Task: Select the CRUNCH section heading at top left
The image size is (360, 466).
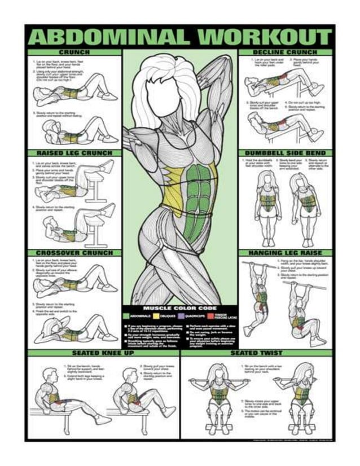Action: tap(74, 52)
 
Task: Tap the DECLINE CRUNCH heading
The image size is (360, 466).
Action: tap(285, 52)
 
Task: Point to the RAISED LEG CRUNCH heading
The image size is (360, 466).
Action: tap(74, 153)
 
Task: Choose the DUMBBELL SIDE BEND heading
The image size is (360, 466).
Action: tap(285, 153)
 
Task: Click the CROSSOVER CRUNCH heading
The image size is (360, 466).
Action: tap(74, 253)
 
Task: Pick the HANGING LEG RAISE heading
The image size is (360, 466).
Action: tap(285, 253)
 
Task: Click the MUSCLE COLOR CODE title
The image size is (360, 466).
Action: tap(180, 308)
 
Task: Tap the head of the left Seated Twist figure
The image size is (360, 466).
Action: tap(215, 372)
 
